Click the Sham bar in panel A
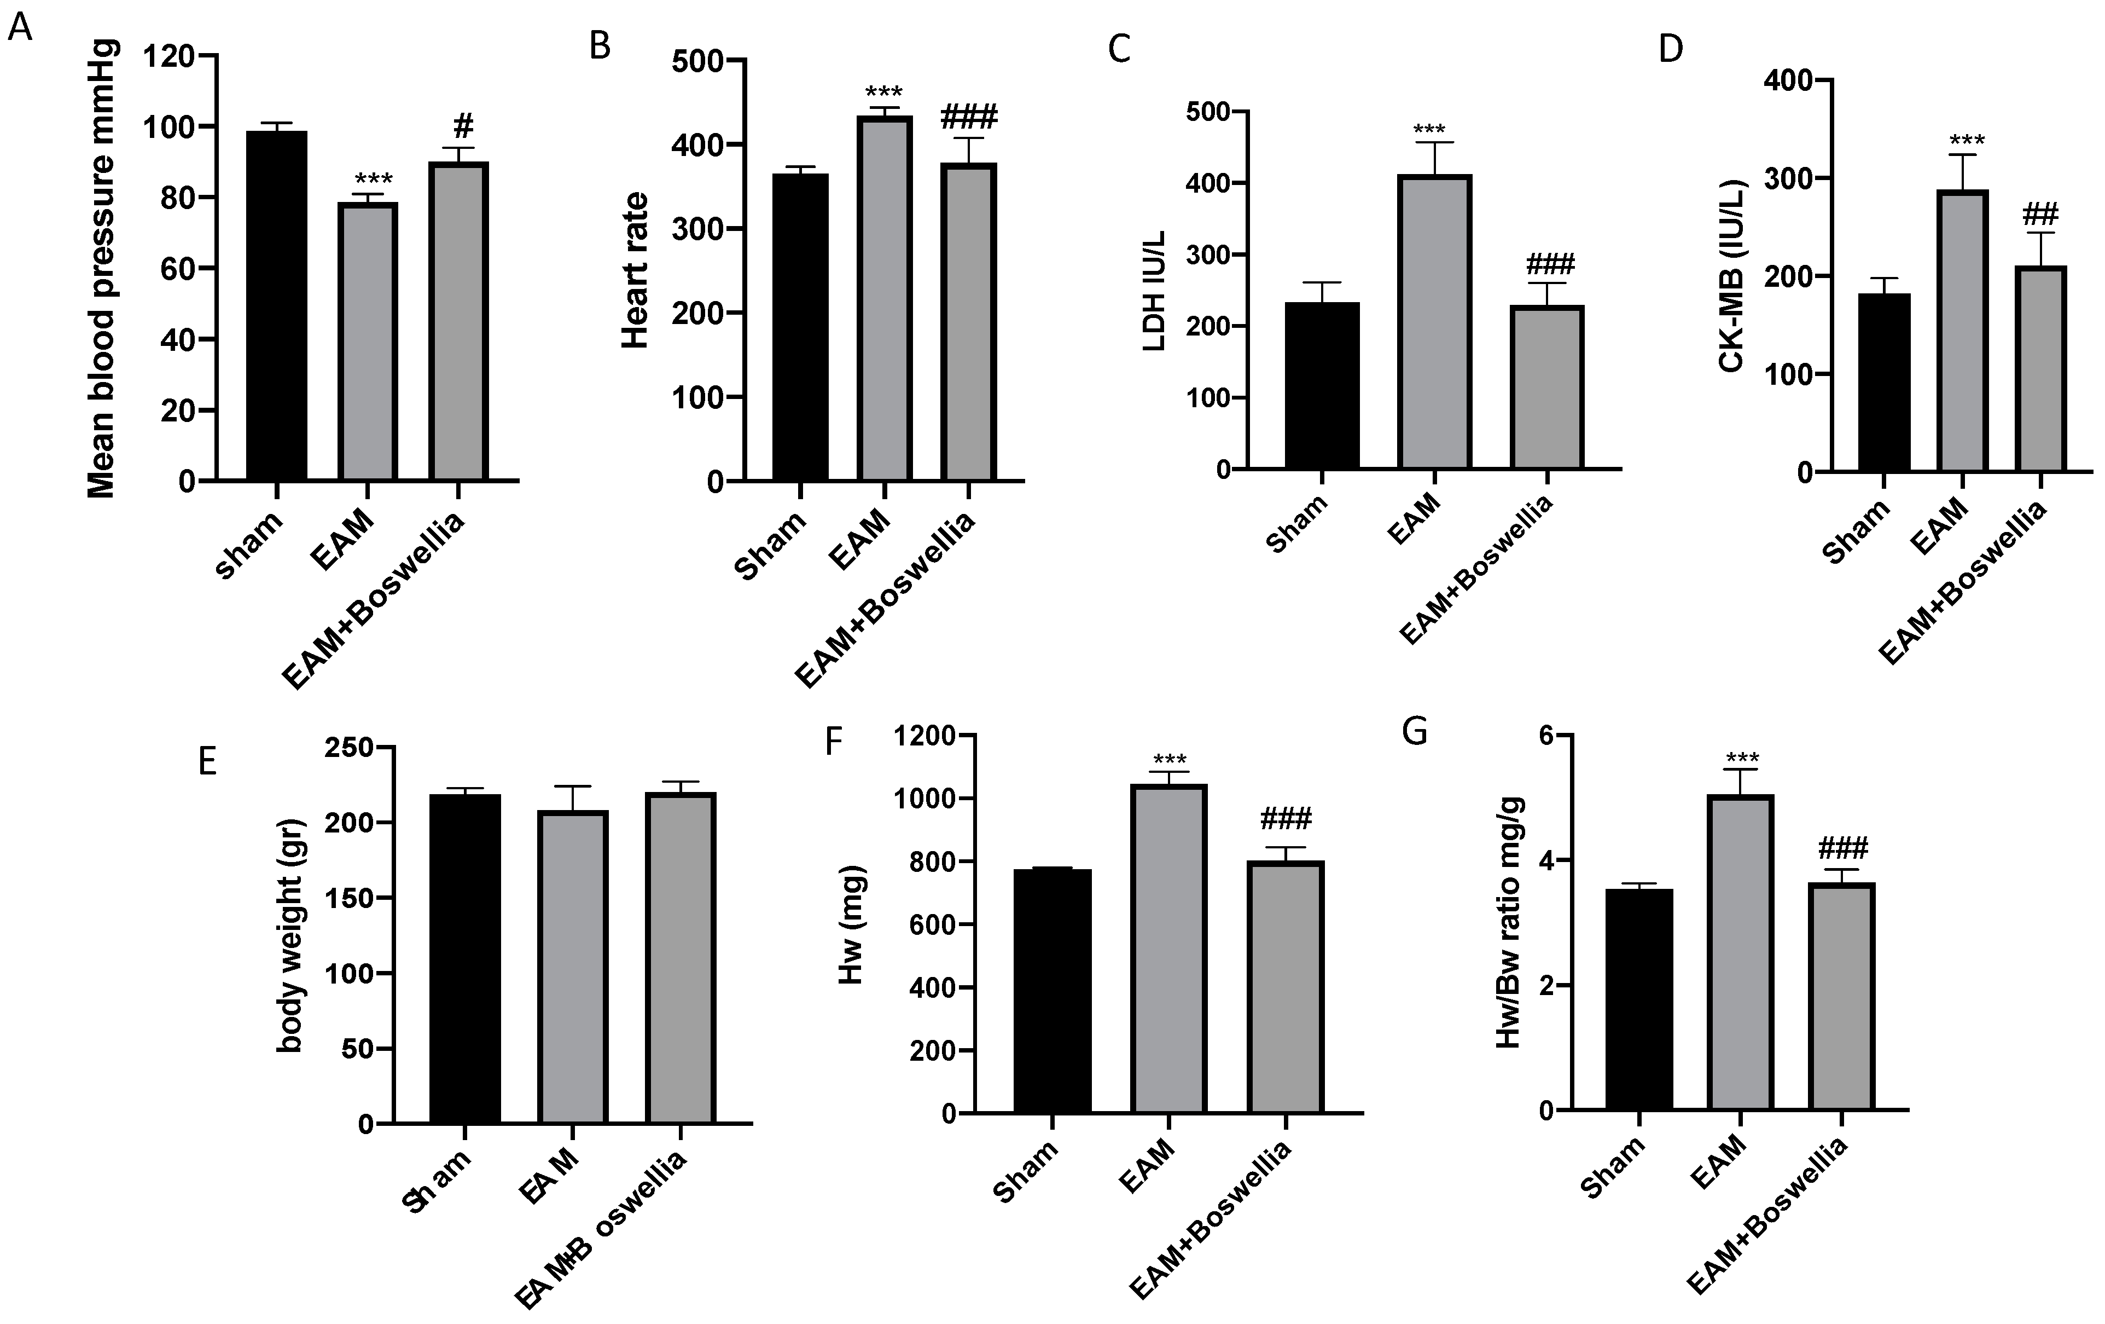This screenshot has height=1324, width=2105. [276, 306]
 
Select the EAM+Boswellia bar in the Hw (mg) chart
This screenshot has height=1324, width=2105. [1285, 987]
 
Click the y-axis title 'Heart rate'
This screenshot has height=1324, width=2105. [636, 270]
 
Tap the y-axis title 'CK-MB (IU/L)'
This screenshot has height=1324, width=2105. [1731, 275]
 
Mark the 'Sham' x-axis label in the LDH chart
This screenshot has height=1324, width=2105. [1296, 523]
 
